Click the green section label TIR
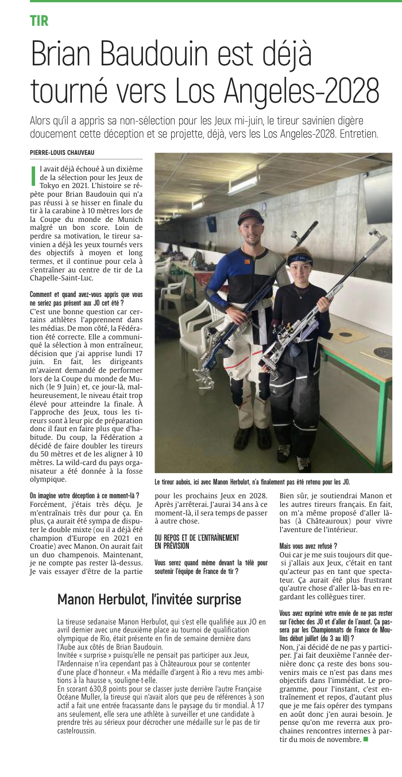pos(39,22)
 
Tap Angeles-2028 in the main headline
pos(306,90)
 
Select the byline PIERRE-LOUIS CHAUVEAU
pos(62,152)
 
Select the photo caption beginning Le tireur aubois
pos(252,482)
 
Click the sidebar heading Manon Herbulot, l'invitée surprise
pos(149,599)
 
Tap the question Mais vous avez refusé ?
pos(308,546)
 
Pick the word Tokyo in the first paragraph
pos(51,185)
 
